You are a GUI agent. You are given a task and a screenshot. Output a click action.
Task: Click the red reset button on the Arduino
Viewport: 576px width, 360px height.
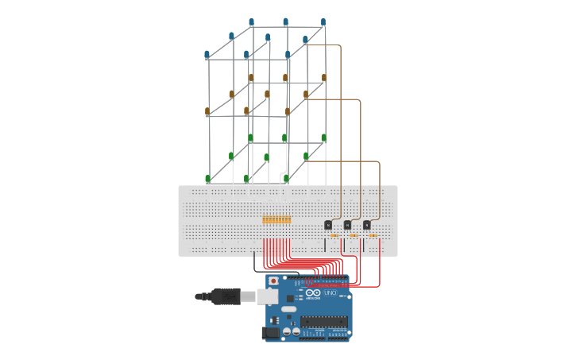click(x=274, y=281)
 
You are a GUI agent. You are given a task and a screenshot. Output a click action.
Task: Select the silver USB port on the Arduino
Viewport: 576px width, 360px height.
click(x=268, y=296)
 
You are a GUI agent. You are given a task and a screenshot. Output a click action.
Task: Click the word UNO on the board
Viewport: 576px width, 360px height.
click(x=331, y=293)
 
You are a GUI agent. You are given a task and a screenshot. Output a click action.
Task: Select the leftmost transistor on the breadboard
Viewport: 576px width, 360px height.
click(x=328, y=225)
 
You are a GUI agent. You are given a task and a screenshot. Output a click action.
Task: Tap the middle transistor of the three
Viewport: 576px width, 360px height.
click(x=347, y=225)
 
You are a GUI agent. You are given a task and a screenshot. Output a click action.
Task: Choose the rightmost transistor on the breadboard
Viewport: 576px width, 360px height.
click(x=366, y=225)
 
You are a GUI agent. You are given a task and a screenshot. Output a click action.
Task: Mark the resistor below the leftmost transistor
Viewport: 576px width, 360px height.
click(x=334, y=235)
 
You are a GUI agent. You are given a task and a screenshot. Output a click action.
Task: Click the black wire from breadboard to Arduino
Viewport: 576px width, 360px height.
click(x=254, y=262)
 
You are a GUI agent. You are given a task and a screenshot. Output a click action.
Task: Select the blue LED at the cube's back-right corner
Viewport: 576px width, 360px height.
click(x=323, y=22)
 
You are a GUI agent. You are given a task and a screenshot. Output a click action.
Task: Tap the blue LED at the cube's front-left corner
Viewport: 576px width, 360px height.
click(x=207, y=55)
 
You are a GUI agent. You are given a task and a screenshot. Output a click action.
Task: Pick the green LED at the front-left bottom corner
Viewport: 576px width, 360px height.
click(x=208, y=179)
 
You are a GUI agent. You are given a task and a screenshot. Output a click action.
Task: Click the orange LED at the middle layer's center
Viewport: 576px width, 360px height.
click(x=267, y=95)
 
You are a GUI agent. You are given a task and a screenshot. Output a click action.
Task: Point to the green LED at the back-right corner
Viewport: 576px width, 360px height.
click(x=323, y=137)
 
